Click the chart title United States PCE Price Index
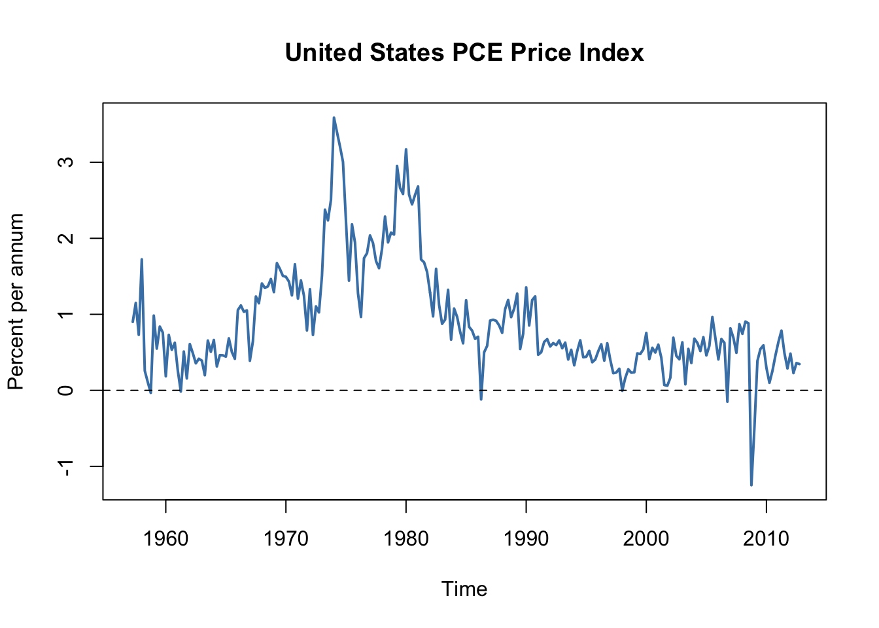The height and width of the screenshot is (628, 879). [464, 52]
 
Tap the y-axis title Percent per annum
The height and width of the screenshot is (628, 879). [16, 302]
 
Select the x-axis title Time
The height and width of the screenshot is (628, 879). [464, 589]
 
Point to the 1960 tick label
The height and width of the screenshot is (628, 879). [165, 539]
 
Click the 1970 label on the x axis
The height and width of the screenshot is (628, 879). [286, 539]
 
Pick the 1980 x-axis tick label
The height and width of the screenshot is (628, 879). [406, 539]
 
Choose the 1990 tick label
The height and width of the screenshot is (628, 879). [526, 539]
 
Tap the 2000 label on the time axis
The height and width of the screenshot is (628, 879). [646, 539]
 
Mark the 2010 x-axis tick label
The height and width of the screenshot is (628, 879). [767, 539]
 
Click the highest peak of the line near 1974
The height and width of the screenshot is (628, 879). [334, 118]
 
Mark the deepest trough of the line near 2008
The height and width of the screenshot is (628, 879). [751, 485]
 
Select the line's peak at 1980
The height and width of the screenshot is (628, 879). [406, 149]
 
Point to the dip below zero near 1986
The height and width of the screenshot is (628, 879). [481, 399]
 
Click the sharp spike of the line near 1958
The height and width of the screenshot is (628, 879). [141, 260]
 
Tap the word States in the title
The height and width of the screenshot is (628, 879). [408, 52]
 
